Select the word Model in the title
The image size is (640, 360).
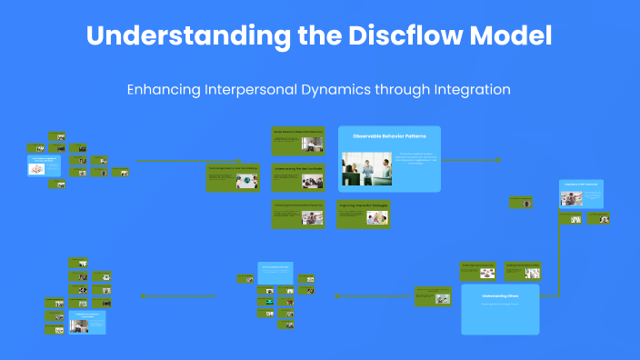513,36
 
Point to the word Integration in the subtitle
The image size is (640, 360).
464,90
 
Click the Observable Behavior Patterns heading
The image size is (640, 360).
389,136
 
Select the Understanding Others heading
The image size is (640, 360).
499,295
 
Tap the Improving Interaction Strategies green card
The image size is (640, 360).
364,214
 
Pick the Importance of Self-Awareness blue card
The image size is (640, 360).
581,196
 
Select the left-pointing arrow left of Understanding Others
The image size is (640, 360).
338,296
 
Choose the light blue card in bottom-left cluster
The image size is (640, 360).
87,322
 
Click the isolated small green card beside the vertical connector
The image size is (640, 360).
521,202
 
